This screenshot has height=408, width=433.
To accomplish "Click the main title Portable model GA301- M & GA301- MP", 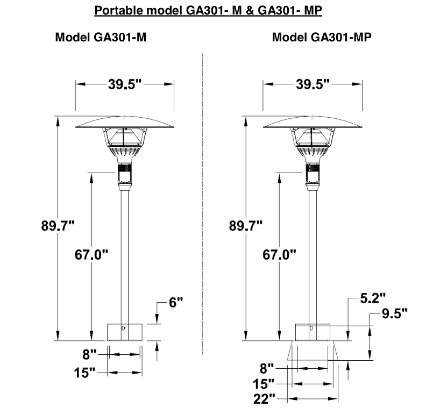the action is [208, 10].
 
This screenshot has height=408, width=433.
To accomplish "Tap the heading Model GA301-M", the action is [101, 37].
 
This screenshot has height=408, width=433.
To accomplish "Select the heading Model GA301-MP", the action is [322, 37].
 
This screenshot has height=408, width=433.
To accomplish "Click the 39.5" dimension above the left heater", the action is [125, 84].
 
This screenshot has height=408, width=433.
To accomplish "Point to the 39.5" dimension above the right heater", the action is [313, 84].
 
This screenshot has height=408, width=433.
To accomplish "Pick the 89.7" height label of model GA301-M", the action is [58, 226].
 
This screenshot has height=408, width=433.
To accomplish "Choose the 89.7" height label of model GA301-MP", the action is [246, 226].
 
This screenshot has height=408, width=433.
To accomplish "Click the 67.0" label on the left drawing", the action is [91, 254].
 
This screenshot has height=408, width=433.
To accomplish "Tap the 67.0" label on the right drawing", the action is [279, 254].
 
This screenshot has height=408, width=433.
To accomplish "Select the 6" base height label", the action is [176, 303].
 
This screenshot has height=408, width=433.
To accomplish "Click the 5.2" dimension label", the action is [373, 298].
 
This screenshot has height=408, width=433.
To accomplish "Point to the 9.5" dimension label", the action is [395, 313].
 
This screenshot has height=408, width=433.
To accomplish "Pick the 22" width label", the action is [264, 399].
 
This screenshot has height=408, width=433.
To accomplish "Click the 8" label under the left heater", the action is [90, 354].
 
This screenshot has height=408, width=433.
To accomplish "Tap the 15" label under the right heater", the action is [264, 384].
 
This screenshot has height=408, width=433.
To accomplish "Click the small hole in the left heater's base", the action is [123, 328].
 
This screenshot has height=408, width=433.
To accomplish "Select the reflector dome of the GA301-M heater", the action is [125, 122].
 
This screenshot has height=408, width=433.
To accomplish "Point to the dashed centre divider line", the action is [202, 204].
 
